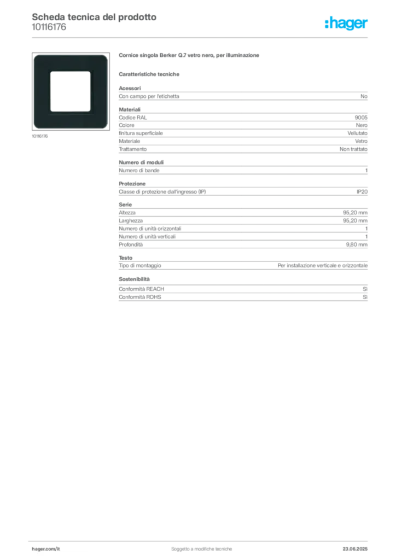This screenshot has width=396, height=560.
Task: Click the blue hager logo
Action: [347, 24]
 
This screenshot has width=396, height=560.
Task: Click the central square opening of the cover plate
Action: [70, 91]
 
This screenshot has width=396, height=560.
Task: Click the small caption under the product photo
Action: [38, 133]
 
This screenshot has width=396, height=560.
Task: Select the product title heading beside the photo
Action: [190, 56]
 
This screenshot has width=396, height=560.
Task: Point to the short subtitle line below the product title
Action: [151, 73]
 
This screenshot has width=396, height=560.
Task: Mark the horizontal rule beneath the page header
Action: [201, 37]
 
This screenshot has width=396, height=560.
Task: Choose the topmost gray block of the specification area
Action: [243, 96]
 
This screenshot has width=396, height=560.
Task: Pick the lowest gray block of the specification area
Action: [243, 290]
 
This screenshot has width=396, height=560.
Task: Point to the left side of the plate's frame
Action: [42, 91]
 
